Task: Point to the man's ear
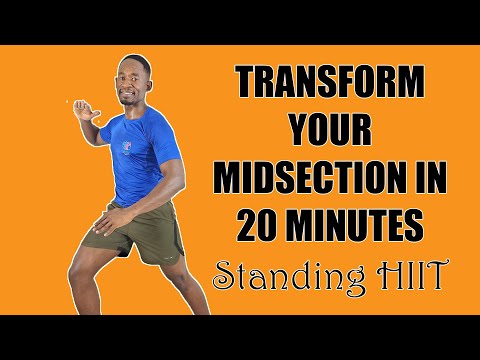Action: click(149, 83)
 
